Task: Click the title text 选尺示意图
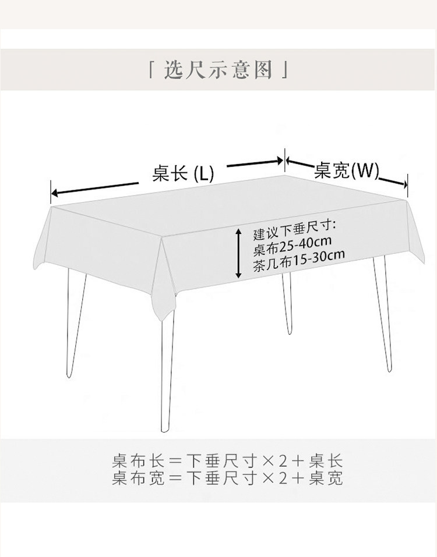point(218,70)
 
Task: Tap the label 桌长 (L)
point(183,173)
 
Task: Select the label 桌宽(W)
point(347,171)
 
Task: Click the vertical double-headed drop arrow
point(239,253)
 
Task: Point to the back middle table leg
point(287,303)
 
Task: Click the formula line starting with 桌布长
point(227,462)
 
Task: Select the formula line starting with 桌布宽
point(227,479)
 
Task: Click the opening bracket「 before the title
point(153,71)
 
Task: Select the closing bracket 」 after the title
point(284,71)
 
